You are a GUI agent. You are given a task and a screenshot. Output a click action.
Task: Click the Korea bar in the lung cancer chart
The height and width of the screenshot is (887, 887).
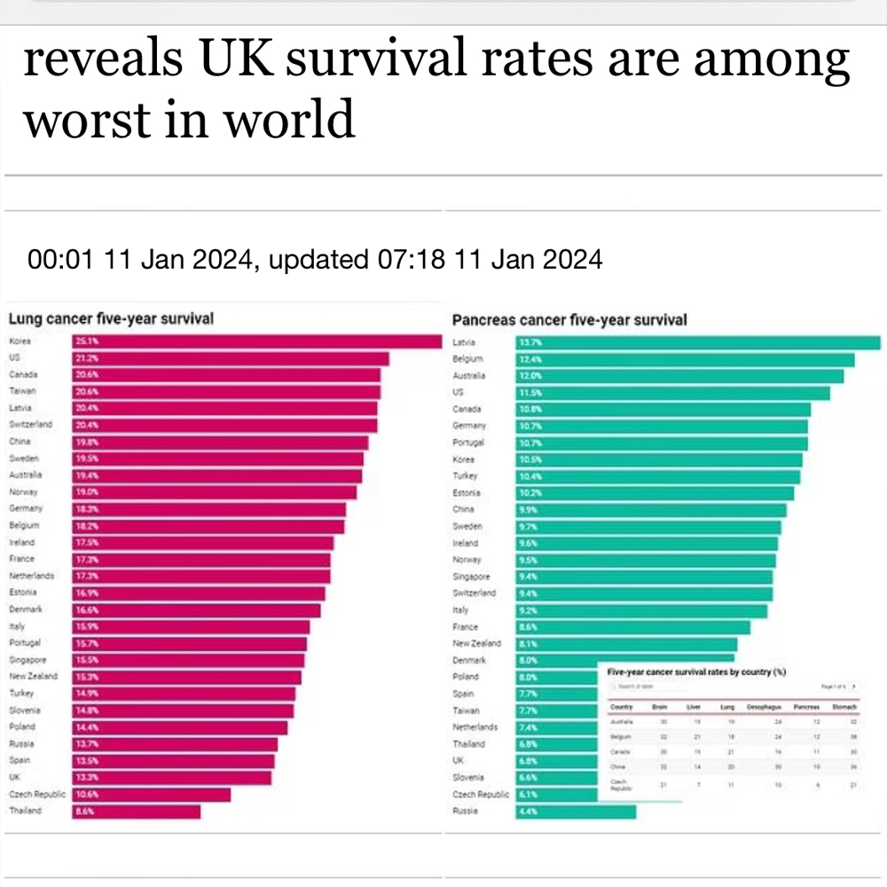pos(257,342)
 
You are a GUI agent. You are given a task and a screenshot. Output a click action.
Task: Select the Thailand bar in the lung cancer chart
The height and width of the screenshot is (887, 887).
pos(137,812)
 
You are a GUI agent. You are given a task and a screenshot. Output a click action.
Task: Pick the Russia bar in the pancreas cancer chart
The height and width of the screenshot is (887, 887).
pos(577,812)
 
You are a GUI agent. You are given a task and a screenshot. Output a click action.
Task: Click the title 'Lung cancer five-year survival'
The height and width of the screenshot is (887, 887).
pos(111,319)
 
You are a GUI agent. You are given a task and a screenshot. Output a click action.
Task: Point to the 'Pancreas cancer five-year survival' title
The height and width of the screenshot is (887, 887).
pos(569,320)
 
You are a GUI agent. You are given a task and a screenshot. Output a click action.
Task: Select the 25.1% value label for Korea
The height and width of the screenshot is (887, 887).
pos(87,342)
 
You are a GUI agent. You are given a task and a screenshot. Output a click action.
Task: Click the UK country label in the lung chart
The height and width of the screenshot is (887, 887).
pos(15,778)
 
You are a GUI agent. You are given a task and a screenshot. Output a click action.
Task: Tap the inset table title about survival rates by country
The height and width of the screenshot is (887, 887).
pos(696,671)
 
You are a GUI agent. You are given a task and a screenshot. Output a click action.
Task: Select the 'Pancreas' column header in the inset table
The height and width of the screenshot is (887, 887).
pos(805,706)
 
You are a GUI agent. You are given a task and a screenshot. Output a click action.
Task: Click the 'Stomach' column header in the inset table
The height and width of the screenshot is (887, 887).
pos(844,706)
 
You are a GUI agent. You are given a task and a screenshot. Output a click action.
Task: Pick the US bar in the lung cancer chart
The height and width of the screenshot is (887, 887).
pos(231,358)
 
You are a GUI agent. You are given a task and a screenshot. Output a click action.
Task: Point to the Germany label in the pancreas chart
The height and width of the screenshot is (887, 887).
pos(469,426)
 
